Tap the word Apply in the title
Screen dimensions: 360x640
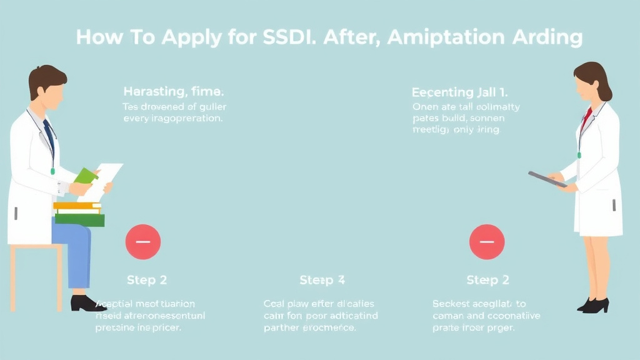pos(191,38)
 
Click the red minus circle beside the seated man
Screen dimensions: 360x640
pos(143,242)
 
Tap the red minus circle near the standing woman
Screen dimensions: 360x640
pos(486,242)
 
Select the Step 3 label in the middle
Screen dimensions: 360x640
pos(322,280)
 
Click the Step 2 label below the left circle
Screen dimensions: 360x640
pos(147,280)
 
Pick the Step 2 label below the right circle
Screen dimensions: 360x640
pos(488,280)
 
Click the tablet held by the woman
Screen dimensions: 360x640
pos(547,179)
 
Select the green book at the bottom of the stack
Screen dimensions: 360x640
pos(80,220)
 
